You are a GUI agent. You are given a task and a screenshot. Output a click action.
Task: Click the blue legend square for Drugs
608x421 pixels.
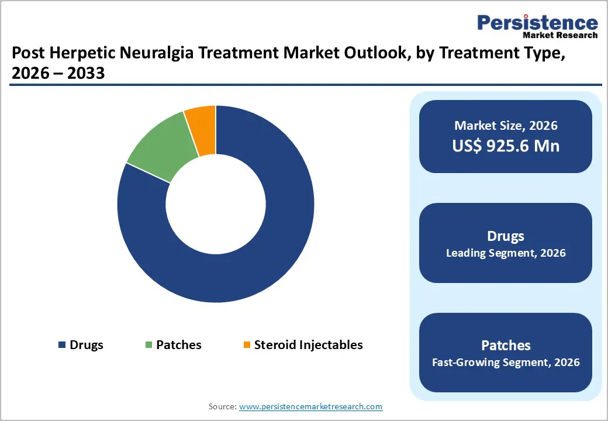pos(61,345)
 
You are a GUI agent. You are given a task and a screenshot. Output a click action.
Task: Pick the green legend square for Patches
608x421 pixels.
pos(148,345)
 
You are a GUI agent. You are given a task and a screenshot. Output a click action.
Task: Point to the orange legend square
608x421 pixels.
pos(246,345)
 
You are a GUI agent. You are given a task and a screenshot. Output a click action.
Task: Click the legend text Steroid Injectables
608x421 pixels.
pos(308,345)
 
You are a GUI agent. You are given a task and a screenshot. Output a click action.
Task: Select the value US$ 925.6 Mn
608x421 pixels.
pos(506,146)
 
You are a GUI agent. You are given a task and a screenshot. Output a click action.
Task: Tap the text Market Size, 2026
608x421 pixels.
pos(506,126)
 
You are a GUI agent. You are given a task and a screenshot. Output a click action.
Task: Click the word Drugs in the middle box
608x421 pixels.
pos(506,236)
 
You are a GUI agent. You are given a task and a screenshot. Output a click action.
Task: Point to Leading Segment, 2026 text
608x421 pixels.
pos(506,253)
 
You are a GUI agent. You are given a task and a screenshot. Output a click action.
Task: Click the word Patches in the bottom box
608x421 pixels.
pos(506,345)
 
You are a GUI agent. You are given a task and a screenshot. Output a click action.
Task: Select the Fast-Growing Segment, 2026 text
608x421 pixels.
pos(506,363)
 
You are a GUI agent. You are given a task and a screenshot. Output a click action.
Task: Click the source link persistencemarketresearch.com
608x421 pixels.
pos(310,406)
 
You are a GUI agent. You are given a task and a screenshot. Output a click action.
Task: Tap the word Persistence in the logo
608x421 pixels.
pos(537,23)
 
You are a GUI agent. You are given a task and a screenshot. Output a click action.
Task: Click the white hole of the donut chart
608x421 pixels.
pos(216,204)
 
